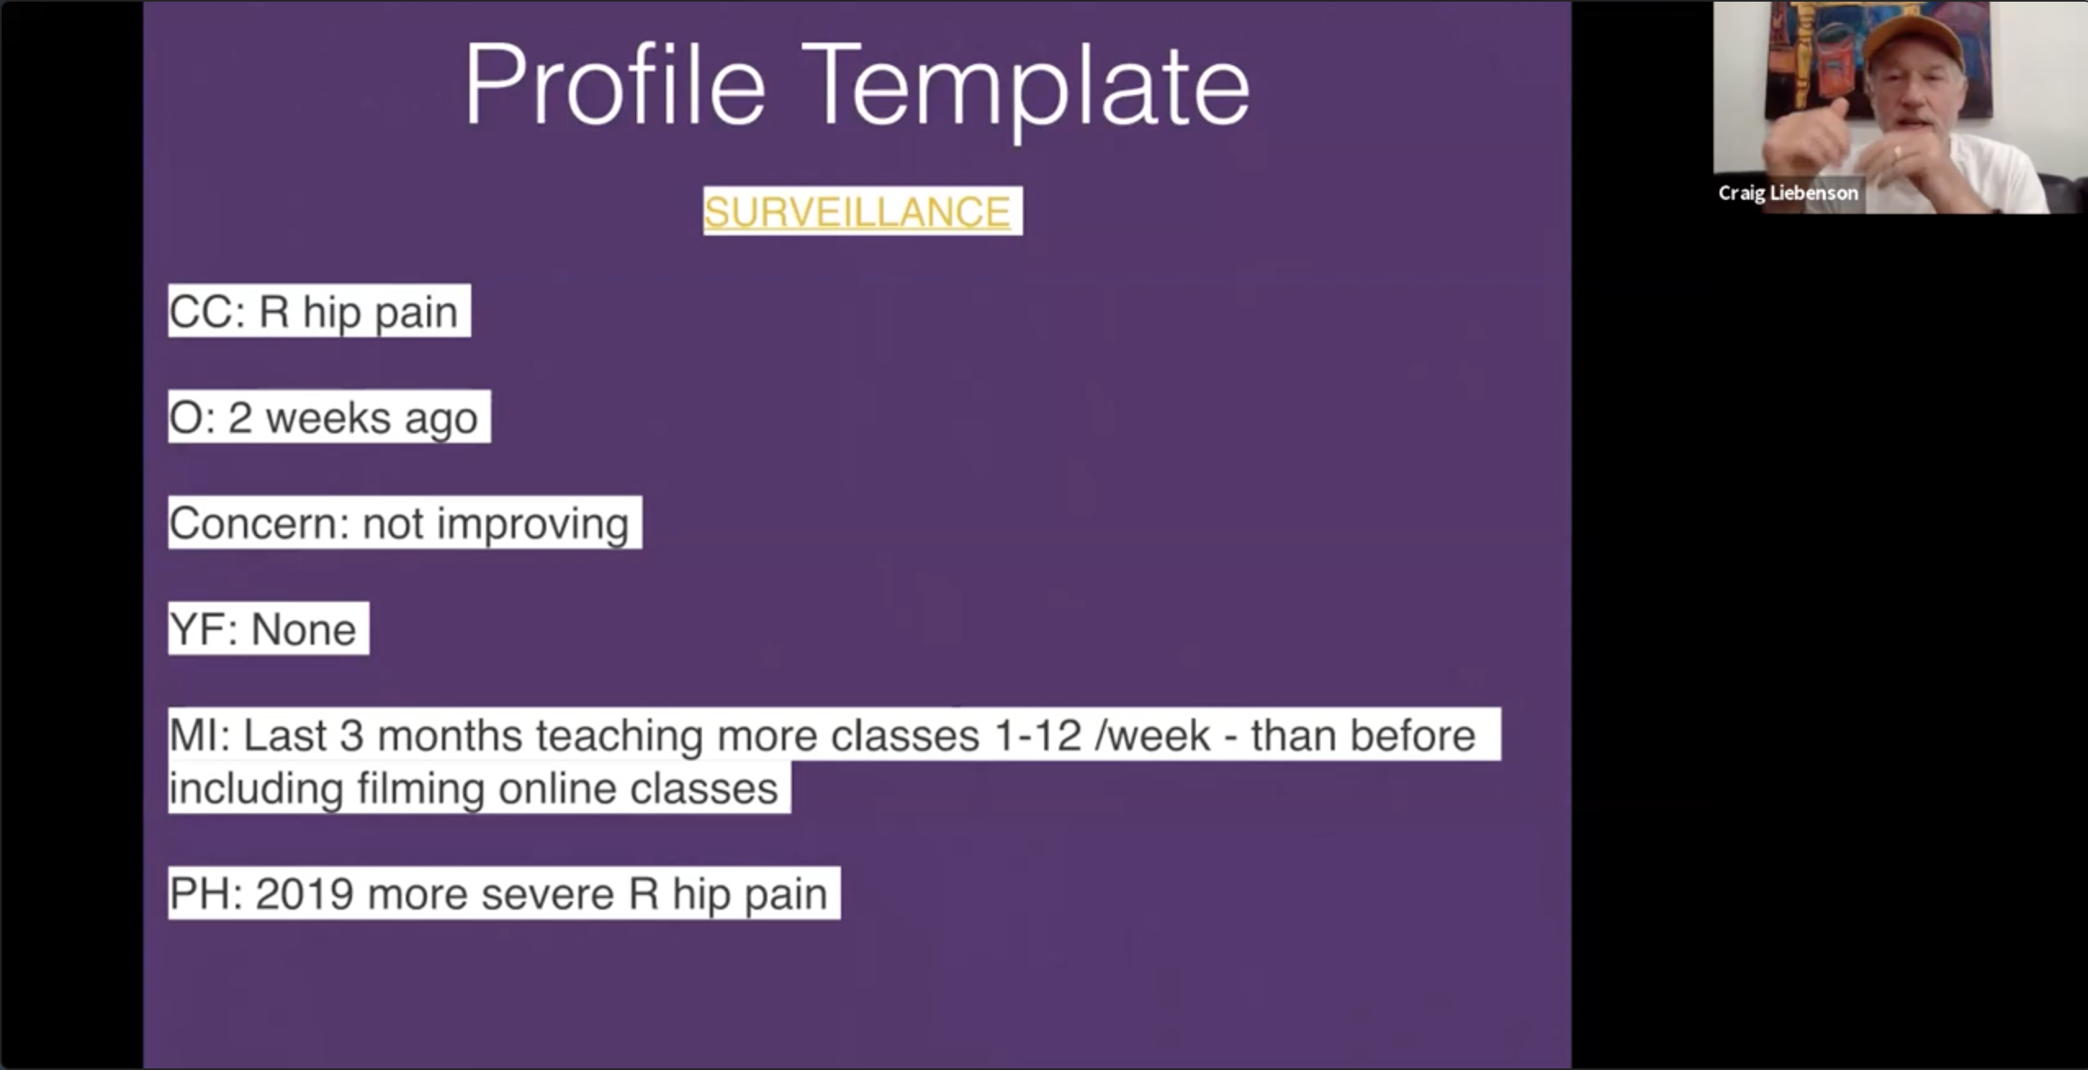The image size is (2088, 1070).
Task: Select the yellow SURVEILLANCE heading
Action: (x=857, y=212)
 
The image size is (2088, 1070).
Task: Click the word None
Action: (x=304, y=630)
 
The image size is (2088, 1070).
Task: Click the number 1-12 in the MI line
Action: (x=1038, y=735)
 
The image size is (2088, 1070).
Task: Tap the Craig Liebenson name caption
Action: (x=1788, y=193)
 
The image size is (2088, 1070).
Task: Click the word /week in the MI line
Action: (x=1153, y=735)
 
